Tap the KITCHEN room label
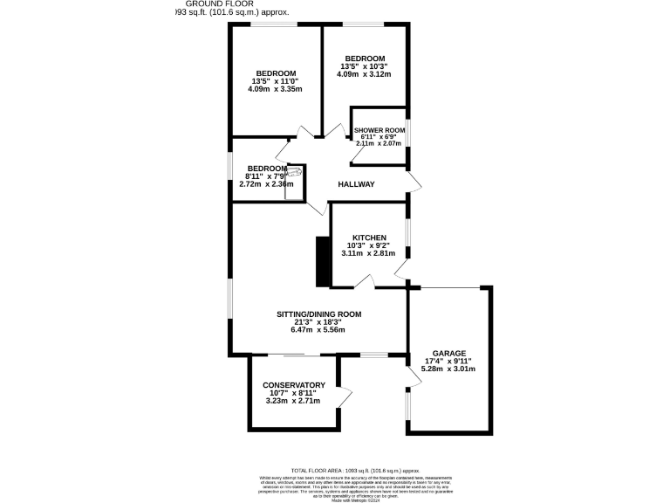click(369, 238)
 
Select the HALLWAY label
click(356, 184)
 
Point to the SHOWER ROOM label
click(379, 130)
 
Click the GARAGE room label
click(449, 353)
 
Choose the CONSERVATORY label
click(294, 385)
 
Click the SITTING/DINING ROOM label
click(318, 314)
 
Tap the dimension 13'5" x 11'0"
click(275, 81)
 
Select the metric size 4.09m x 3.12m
click(364, 74)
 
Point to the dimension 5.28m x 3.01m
click(448, 369)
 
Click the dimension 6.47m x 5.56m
click(318, 329)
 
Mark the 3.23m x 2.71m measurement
click(294, 401)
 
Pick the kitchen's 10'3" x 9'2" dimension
click(369, 245)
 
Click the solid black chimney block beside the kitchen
click(322, 261)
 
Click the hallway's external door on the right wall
click(416, 182)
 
